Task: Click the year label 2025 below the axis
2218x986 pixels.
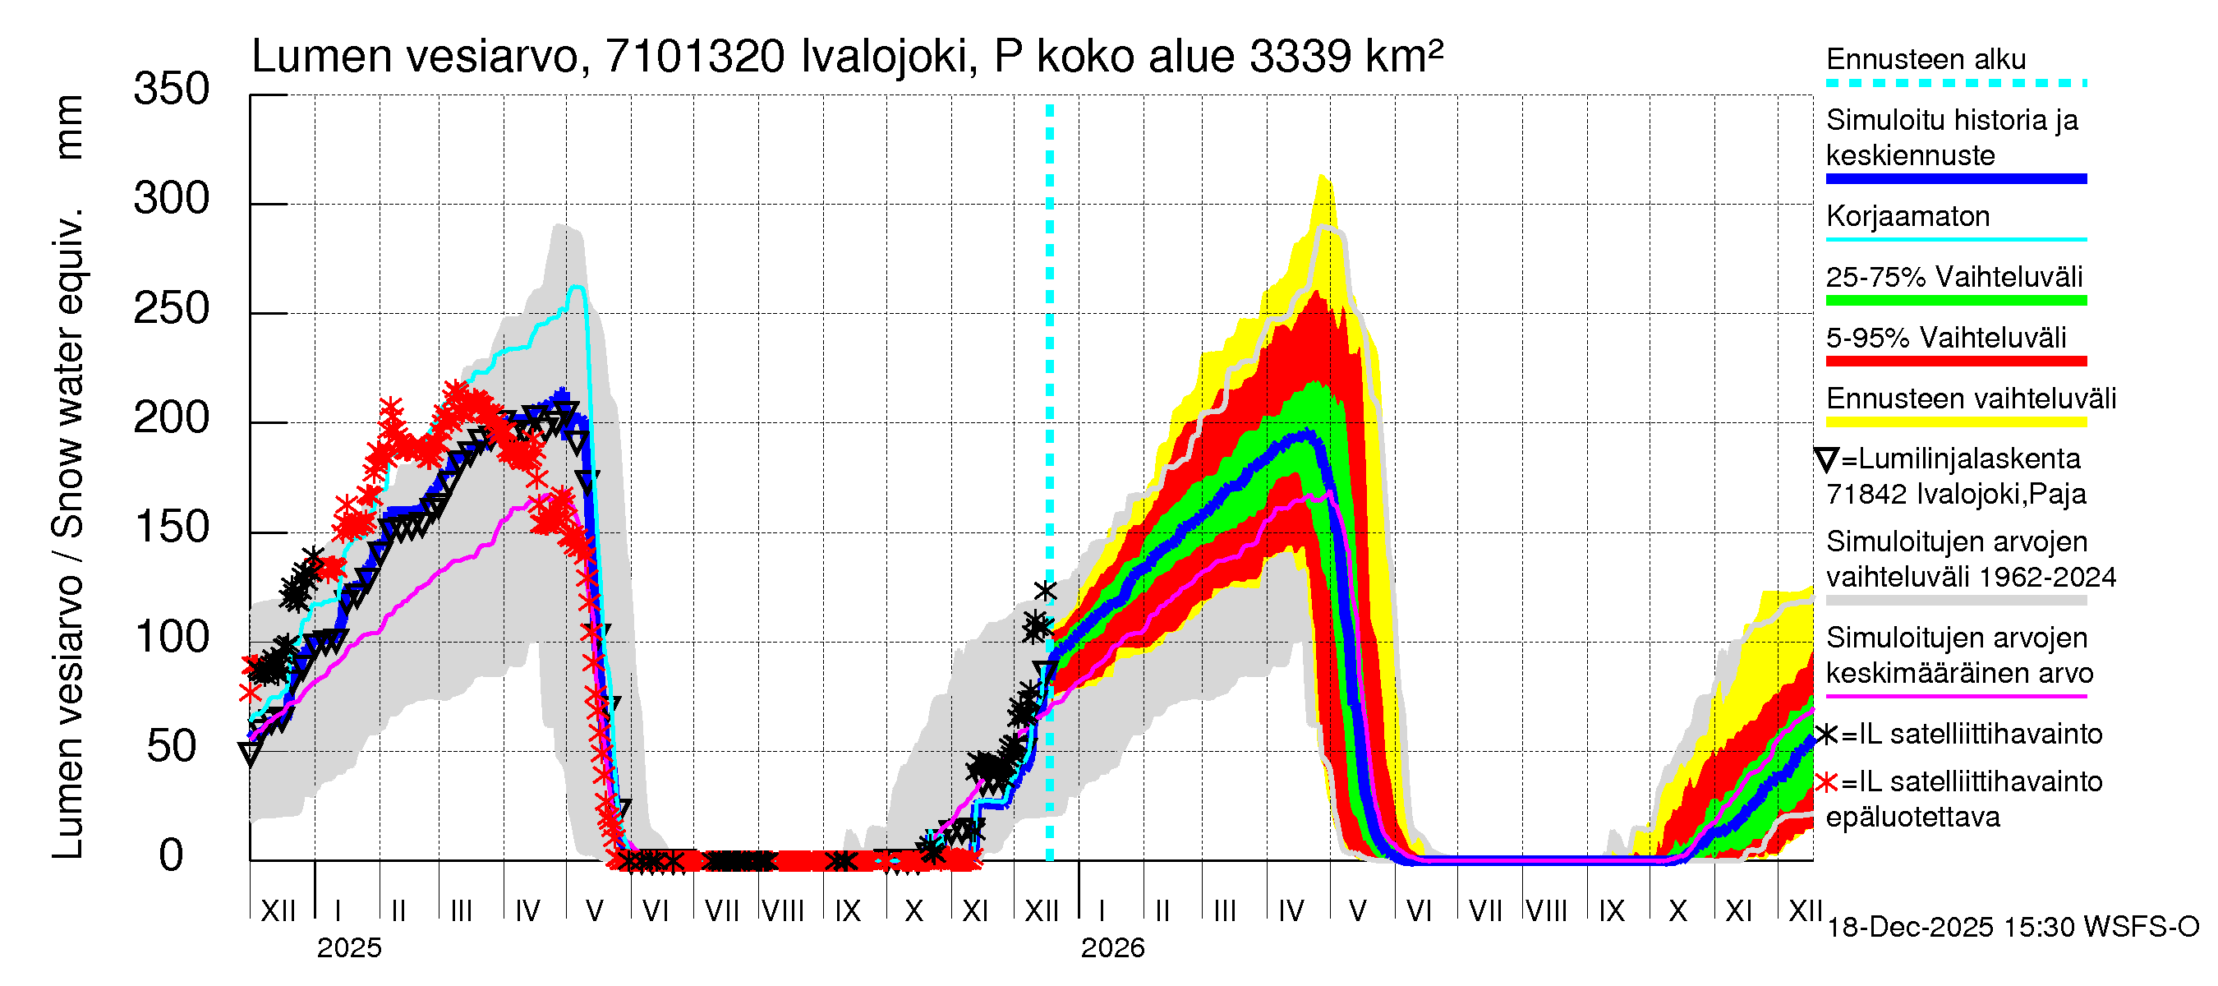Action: pos(348,948)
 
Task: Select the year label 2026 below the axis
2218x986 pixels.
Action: pos(1112,948)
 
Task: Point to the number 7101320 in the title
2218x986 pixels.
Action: pos(695,57)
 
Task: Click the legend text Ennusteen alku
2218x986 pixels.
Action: pos(1926,59)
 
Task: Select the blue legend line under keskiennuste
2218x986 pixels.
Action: pos(1955,179)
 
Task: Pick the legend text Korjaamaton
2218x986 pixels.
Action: pos(1907,216)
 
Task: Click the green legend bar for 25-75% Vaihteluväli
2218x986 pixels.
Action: pos(1955,301)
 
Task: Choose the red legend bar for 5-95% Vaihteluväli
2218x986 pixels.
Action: pos(1955,362)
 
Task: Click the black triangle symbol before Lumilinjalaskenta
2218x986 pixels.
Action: pos(1825,460)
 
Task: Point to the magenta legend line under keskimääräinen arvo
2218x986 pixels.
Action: pos(1955,696)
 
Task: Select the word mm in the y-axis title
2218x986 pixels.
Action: pos(68,127)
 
